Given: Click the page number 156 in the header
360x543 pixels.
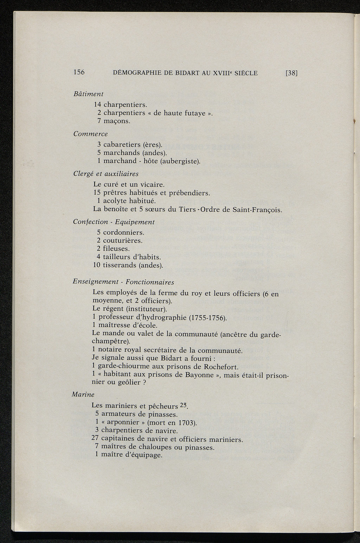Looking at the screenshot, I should pyautogui.click(x=79, y=72).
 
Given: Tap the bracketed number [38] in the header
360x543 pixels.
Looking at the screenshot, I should pyautogui.click(x=291, y=73).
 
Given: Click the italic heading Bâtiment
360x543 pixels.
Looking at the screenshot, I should pyautogui.click(x=88, y=94).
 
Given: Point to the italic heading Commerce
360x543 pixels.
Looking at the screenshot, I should pyautogui.click(x=90, y=134).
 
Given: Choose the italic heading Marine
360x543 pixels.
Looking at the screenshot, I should pyautogui.click(x=83, y=394).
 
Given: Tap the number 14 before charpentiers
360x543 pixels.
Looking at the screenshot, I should pyautogui.click(x=97, y=104).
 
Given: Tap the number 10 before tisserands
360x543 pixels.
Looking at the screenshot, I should pyautogui.click(x=97, y=265).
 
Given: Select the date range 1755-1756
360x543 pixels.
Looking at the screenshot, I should pyautogui.click(x=208, y=318).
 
